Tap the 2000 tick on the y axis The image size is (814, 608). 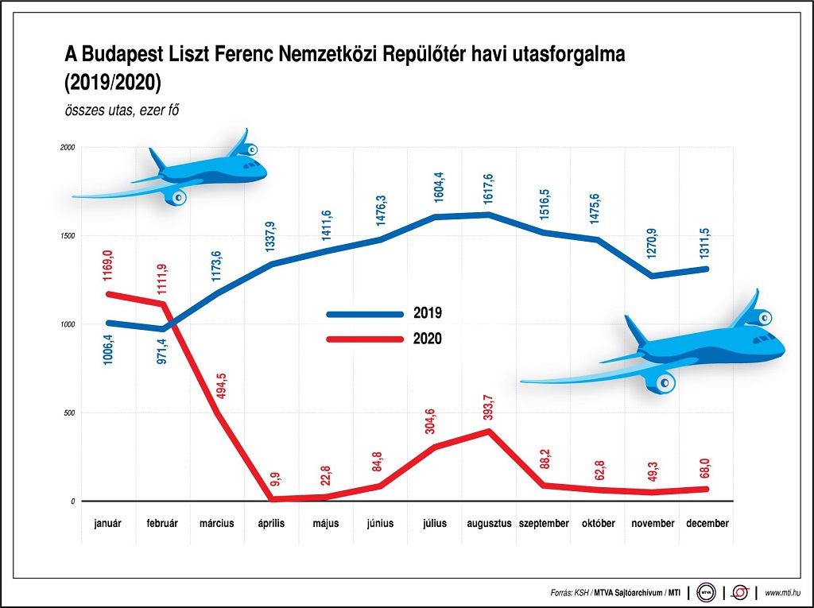tap(68, 148)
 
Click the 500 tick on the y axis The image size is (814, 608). tap(69, 413)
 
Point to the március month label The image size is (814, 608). tap(216, 524)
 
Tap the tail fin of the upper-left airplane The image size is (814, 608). tap(157, 157)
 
